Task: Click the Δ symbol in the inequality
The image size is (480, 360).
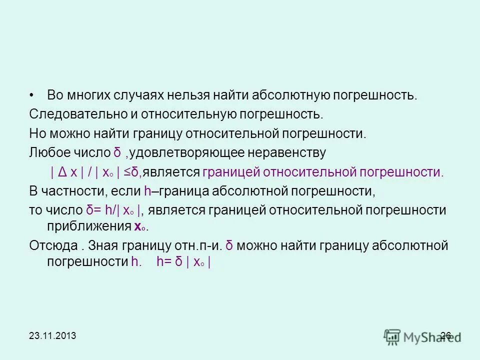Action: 62,172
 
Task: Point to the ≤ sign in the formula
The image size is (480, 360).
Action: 127,172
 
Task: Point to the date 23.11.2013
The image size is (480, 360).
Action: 52,335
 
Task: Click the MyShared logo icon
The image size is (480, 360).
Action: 392,336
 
